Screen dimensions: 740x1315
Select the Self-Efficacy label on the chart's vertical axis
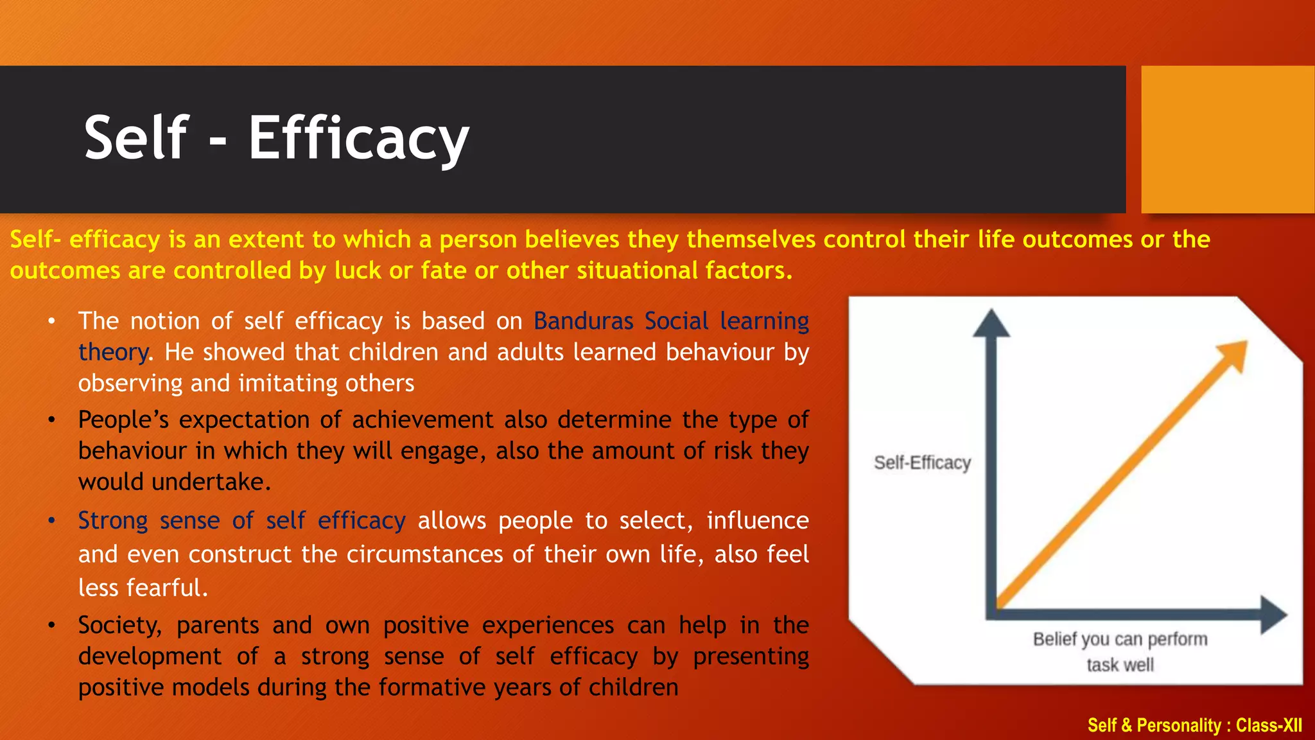click(922, 463)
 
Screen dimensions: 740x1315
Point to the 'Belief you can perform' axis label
click(1120, 639)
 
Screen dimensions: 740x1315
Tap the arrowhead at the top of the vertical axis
click(991, 323)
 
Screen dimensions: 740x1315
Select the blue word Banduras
click(583, 321)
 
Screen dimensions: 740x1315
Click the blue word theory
click(113, 352)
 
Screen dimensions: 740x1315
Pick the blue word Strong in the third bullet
click(113, 520)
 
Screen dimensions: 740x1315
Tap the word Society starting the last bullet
click(120, 625)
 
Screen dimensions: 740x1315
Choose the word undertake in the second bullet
click(210, 482)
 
